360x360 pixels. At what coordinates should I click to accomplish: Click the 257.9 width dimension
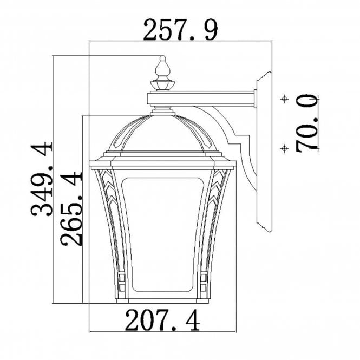(180, 31)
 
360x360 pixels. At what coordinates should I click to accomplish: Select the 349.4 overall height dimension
(42, 179)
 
